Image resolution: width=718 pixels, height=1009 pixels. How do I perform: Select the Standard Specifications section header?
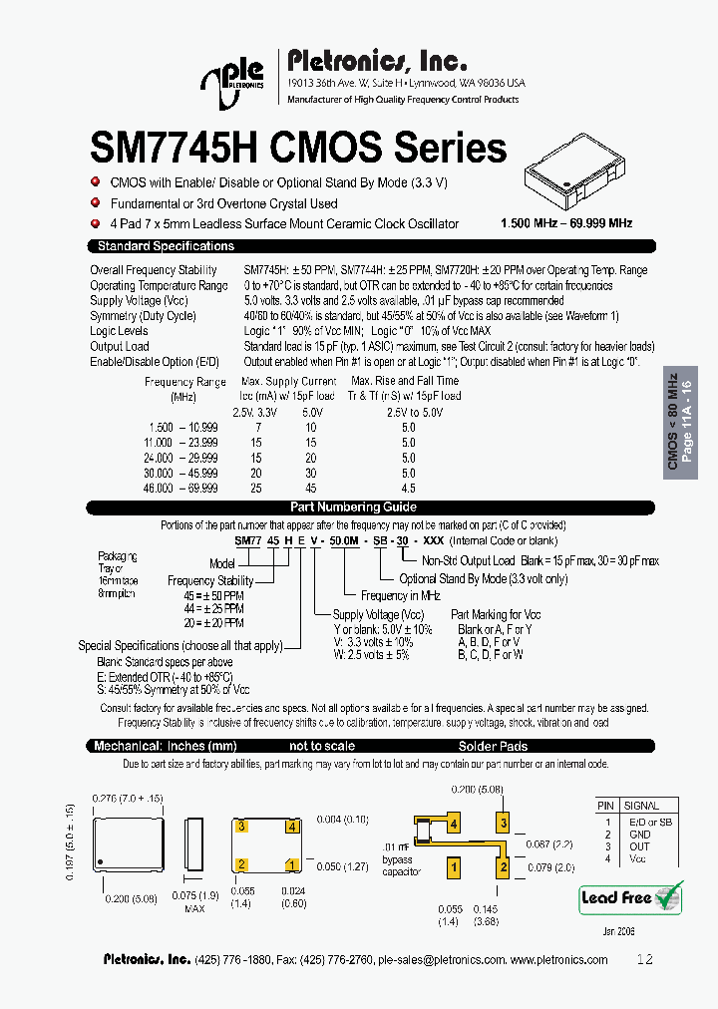tap(165, 246)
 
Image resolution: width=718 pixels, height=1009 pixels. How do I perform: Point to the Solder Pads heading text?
tap(493, 746)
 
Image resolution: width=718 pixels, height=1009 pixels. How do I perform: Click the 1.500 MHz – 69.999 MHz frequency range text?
tap(566, 223)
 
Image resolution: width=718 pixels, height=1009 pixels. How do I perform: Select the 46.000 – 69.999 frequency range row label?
tap(182, 488)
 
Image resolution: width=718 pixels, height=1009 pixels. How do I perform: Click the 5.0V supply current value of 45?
tap(311, 488)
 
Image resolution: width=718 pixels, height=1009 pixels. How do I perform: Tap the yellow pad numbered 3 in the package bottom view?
tap(240, 827)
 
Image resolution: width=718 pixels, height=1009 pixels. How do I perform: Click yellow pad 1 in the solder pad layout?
tap(454, 868)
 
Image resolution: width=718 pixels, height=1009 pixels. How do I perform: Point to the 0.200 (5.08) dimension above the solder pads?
tap(478, 788)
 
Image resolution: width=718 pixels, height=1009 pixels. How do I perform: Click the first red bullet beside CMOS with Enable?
tap(96, 182)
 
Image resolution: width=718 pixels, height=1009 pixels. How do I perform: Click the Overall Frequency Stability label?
tap(153, 270)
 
